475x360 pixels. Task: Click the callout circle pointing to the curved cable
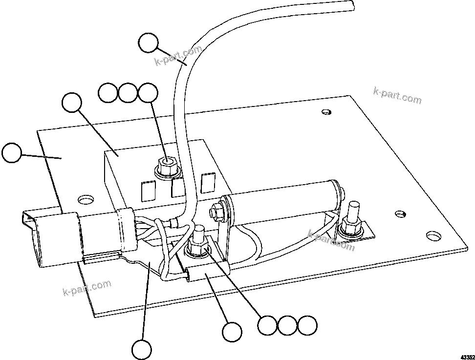click(149, 42)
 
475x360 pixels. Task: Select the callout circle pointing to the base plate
click(12, 153)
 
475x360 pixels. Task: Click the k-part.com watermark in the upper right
click(396, 95)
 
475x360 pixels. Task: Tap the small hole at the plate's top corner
click(326, 112)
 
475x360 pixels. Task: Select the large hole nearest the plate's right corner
click(432, 235)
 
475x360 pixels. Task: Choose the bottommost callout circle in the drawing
click(142, 350)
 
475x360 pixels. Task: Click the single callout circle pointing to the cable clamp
click(232, 332)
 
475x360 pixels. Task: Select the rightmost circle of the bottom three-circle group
click(307, 326)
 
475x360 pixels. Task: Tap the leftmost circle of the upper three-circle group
click(108, 93)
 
